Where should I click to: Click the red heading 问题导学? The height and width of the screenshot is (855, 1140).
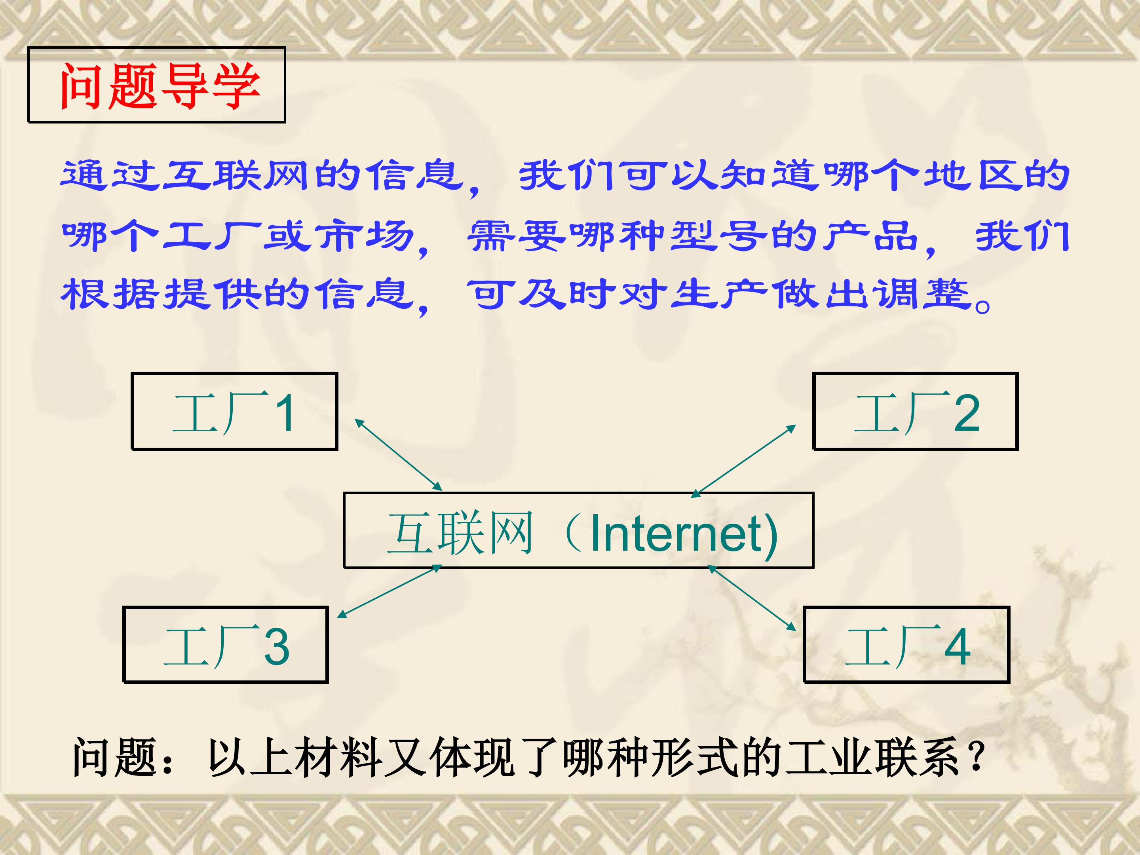(157, 85)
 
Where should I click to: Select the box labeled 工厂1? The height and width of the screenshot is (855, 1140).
(234, 412)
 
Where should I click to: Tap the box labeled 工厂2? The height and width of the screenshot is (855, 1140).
(915, 412)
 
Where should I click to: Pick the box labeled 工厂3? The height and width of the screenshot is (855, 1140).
(226, 645)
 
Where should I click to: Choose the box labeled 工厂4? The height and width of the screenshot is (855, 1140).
(906, 645)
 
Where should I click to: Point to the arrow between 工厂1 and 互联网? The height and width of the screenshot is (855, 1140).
(398, 454)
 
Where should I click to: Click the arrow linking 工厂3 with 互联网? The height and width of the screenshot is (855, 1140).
(389, 591)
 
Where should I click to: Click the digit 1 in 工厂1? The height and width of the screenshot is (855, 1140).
(285, 413)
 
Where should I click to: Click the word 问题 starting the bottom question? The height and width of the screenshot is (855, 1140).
(114, 757)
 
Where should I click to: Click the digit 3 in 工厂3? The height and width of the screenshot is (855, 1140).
(277, 646)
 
